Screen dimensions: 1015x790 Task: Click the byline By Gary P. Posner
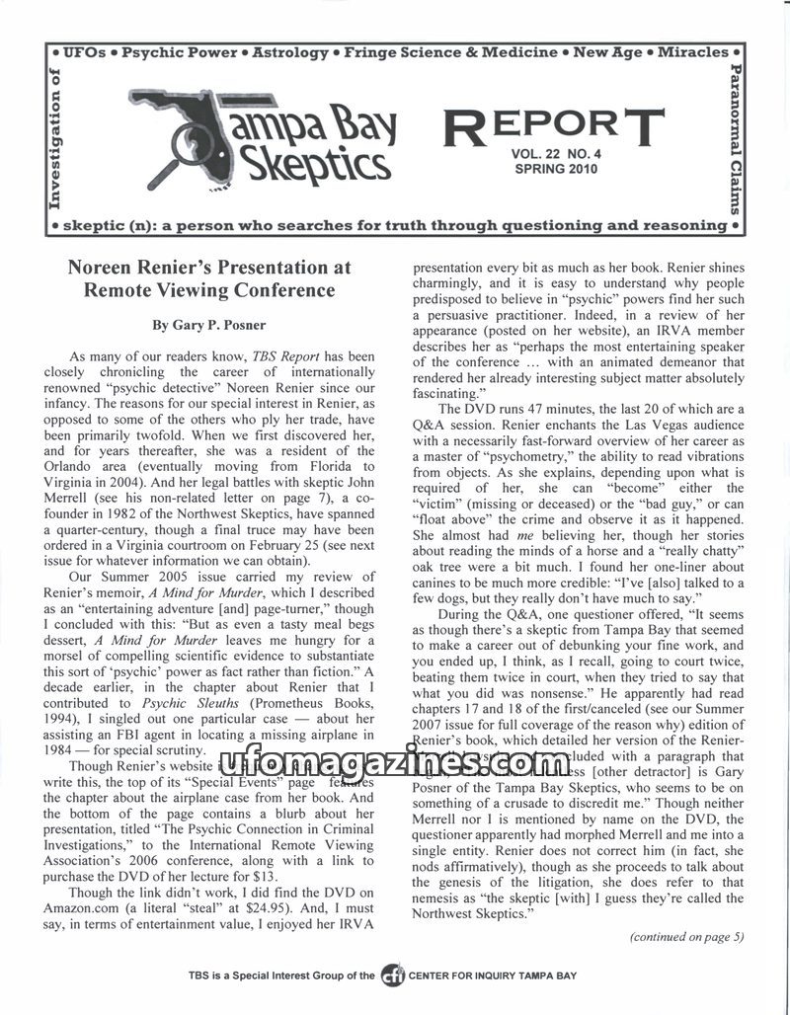click(208, 325)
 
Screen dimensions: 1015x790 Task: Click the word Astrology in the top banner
click(290, 52)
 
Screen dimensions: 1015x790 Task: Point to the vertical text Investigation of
click(54, 138)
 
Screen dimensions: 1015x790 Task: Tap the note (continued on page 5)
click(686, 937)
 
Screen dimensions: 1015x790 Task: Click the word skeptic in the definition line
click(95, 226)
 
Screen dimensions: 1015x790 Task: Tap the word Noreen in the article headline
click(100, 268)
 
